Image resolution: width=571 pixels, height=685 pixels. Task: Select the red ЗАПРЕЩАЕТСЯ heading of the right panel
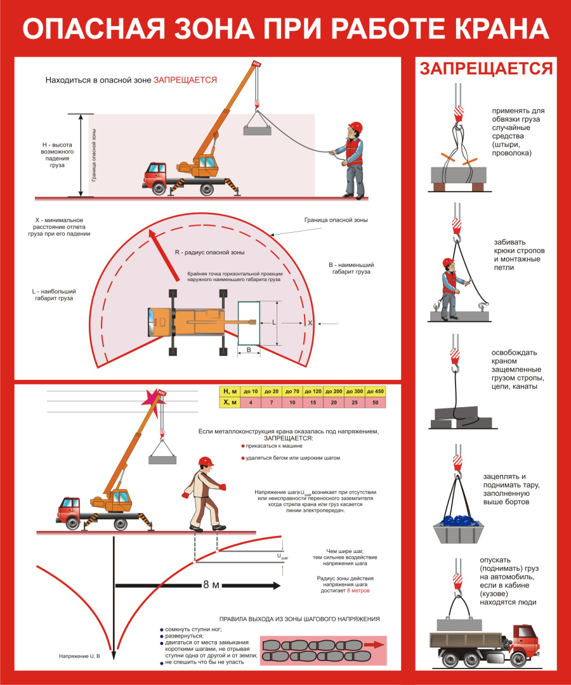click(x=486, y=69)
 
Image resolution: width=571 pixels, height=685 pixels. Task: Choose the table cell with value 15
click(x=313, y=402)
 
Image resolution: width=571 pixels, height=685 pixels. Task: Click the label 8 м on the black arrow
click(x=211, y=585)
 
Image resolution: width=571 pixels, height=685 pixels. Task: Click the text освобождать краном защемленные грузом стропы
click(x=515, y=369)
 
